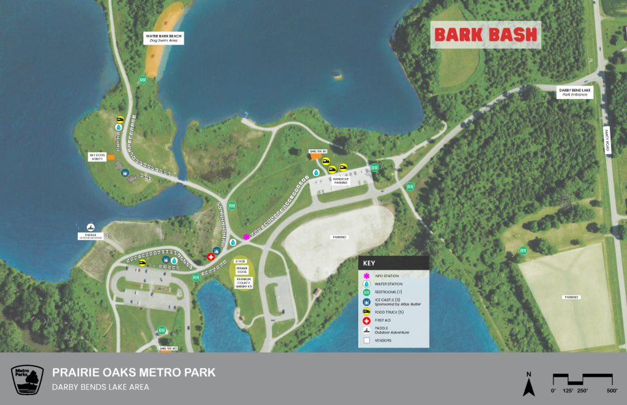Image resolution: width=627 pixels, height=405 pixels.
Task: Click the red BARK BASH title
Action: click(x=486, y=35)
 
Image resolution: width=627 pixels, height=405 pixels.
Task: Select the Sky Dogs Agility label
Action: click(x=97, y=157)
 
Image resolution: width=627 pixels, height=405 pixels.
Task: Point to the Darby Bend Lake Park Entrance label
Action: click(x=575, y=93)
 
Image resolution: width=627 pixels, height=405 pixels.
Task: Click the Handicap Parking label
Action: click(x=340, y=180)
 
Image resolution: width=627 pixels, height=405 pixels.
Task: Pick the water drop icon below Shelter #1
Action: click(x=316, y=173)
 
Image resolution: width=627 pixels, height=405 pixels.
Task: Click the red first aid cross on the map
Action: click(x=212, y=257)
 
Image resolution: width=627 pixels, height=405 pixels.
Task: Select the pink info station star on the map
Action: click(x=246, y=236)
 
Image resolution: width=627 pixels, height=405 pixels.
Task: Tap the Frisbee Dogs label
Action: click(x=241, y=271)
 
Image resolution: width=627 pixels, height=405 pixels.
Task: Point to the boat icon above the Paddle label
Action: click(x=91, y=228)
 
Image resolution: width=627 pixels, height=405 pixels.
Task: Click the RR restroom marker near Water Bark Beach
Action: click(x=143, y=80)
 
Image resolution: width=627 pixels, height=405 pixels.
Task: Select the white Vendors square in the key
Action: click(x=367, y=340)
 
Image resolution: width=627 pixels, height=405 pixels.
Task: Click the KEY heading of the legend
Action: click(x=369, y=262)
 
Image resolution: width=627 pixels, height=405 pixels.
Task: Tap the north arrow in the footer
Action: click(x=530, y=385)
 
